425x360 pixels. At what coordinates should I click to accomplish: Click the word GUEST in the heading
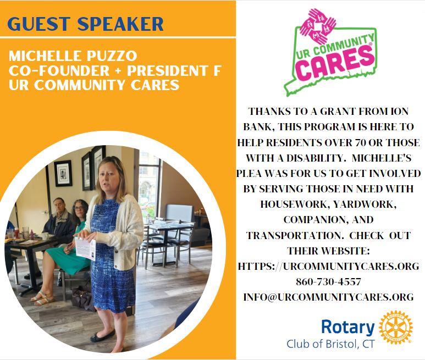point(38,24)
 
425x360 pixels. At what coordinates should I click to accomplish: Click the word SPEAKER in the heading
point(120,24)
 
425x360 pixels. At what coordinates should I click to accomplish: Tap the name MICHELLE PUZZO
point(73,56)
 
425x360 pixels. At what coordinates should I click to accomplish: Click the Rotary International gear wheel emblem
point(395,327)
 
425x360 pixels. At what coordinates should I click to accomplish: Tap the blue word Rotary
point(347,327)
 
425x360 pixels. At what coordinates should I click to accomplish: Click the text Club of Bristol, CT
point(330,344)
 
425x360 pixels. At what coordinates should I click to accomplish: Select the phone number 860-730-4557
point(328,282)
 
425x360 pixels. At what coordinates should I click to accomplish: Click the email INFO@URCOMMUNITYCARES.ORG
point(328,297)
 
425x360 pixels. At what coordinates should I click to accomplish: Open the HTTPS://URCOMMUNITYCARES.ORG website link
point(328,266)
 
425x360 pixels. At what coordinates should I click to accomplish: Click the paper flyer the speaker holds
point(86,248)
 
